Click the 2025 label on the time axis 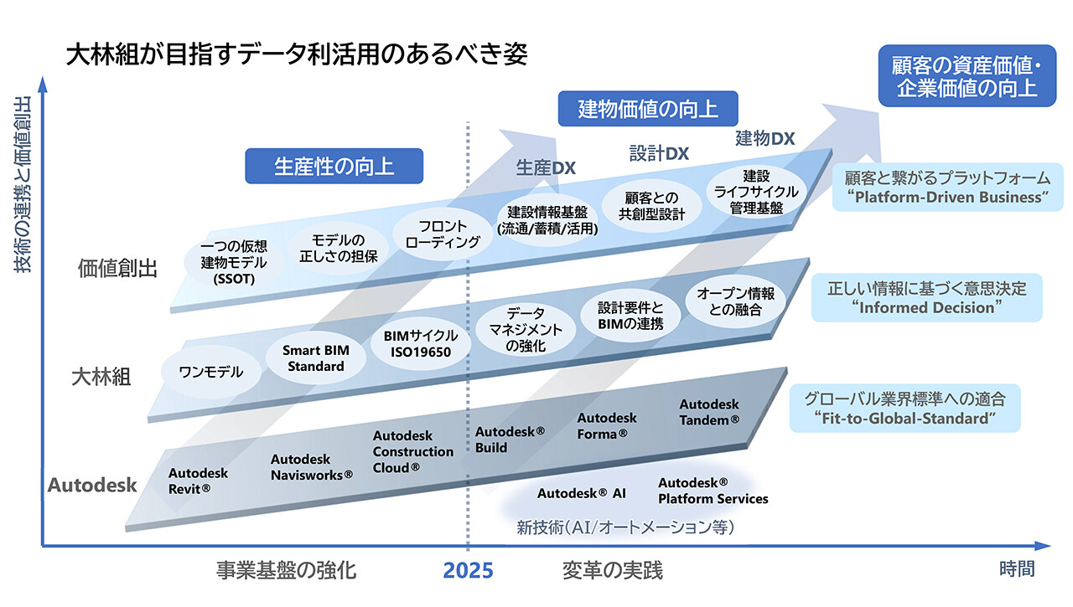tap(468, 571)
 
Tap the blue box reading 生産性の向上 tap(334, 166)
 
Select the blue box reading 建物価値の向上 tap(647, 109)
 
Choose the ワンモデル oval tap(212, 372)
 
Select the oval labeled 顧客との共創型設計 tap(651, 206)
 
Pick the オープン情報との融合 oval tap(735, 301)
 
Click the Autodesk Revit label tap(198, 481)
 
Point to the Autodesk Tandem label tap(709, 412)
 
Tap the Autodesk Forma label tap(607, 425)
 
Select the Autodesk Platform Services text tap(713, 491)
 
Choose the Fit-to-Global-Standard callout tap(904, 409)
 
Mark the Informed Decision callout tap(926, 297)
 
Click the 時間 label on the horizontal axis tap(1016, 569)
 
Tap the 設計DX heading tap(659, 153)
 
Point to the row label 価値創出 tap(117, 268)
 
